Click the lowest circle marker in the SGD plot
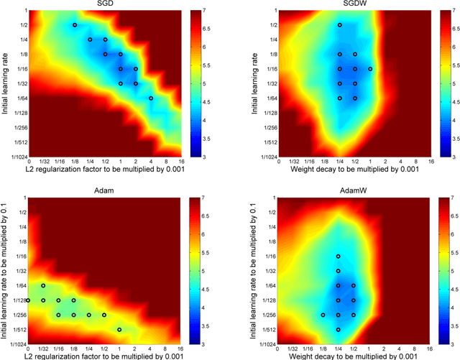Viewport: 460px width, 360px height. click(151, 98)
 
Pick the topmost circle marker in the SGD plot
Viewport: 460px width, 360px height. click(75, 25)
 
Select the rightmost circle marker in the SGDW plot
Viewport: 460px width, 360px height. click(370, 69)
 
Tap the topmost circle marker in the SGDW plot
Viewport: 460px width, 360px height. click(340, 25)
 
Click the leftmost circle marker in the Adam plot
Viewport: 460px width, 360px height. click(29, 300)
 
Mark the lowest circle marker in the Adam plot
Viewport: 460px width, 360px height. click(120, 329)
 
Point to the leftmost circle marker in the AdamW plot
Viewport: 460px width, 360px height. click(323, 315)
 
